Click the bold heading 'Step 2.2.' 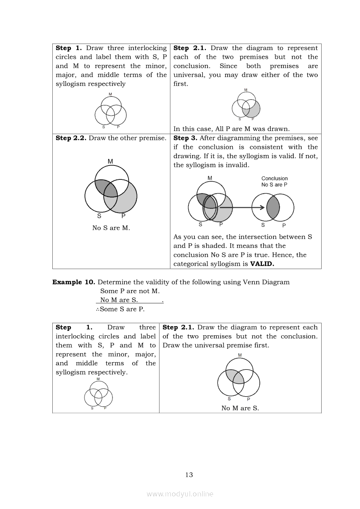[71, 138]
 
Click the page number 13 [189, 475]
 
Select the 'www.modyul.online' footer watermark [180, 494]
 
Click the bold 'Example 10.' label [74, 282]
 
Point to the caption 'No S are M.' [111, 228]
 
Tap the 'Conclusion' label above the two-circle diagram [275, 179]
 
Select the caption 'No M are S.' [240, 408]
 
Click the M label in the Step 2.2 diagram [110, 162]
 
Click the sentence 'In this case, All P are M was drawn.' [231, 128]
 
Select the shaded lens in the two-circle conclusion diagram [273, 207]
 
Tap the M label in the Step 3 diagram [210, 178]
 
